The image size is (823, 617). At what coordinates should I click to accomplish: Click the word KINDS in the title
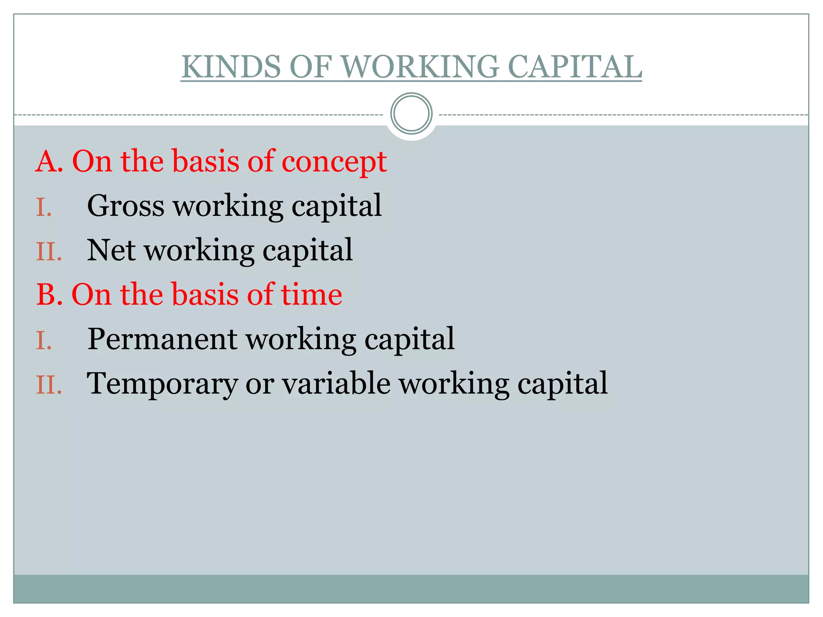[231, 67]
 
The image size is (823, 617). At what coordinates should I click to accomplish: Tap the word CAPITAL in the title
[574, 67]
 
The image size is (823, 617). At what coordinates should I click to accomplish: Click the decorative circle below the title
[411, 114]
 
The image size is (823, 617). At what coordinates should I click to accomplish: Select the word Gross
[126, 206]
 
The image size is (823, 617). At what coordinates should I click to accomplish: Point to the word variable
[336, 384]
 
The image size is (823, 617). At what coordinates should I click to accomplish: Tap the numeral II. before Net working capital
[49, 252]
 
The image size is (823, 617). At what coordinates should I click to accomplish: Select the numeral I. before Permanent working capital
[44, 341]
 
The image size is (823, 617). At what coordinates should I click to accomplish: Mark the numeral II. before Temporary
[49, 385]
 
